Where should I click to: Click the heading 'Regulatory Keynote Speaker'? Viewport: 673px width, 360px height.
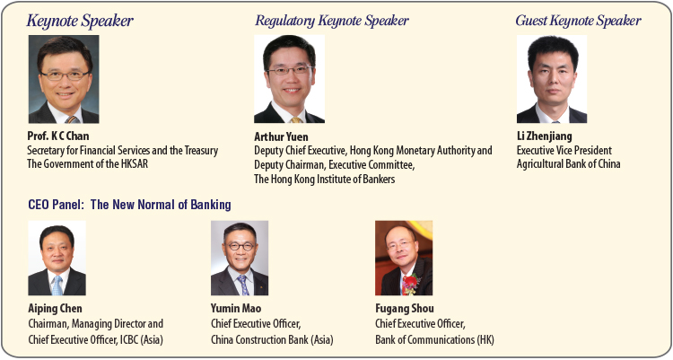tap(332, 21)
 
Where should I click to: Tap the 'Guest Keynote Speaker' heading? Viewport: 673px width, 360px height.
tap(578, 21)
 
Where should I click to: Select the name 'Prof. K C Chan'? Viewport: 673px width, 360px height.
tap(58, 136)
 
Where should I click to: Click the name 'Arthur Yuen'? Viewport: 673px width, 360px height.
tap(281, 136)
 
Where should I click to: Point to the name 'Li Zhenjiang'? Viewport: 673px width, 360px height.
tap(545, 136)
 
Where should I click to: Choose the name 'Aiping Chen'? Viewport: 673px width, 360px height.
tap(55, 309)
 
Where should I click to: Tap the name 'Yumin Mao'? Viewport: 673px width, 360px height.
tap(236, 309)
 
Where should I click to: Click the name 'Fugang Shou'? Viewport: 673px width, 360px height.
tap(405, 309)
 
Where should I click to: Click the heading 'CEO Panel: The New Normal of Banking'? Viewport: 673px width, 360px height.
tap(129, 205)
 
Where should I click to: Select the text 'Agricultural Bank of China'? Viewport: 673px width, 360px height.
tap(568, 163)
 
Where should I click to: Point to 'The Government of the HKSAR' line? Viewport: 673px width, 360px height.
tap(88, 163)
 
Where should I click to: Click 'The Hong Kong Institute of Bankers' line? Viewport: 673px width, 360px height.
tap(325, 179)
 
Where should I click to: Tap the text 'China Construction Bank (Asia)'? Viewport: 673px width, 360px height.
tap(272, 339)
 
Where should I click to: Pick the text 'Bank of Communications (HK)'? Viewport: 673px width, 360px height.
tap(435, 339)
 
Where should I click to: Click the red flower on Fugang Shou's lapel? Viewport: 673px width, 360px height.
tap(410, 284)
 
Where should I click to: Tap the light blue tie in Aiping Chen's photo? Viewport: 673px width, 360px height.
tap(57, 285)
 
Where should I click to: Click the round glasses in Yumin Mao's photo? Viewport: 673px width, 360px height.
tap(240, 247)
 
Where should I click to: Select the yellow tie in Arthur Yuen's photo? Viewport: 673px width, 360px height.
tap(296, 120)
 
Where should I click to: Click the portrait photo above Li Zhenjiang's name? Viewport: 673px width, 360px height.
tap(552, 79)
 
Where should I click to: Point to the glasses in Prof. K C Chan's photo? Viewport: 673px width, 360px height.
tap(66, 75)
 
